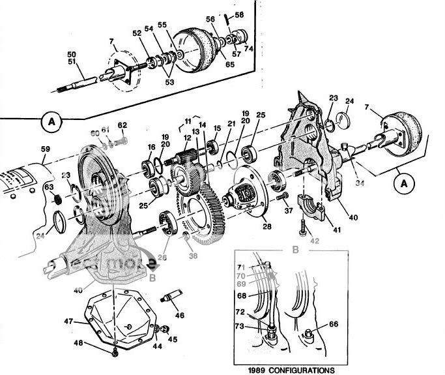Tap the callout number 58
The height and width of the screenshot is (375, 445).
239,14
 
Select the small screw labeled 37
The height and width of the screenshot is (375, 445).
282,197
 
